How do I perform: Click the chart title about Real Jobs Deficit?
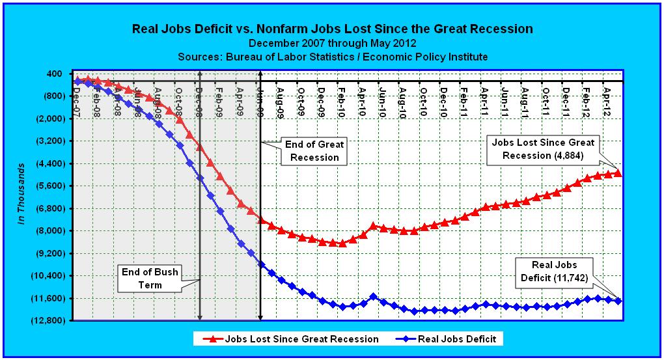tap(332, 29)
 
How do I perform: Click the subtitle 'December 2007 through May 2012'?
tap(332, 43)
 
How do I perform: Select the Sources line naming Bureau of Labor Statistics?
tap(332, 57)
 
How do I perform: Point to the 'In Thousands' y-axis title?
tap(21, 193)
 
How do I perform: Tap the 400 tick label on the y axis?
tap(53, 74)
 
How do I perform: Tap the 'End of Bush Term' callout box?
tap(149, 278)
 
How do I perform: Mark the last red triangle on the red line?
tap(618, 173)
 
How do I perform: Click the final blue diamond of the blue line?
tap(618, 301)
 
